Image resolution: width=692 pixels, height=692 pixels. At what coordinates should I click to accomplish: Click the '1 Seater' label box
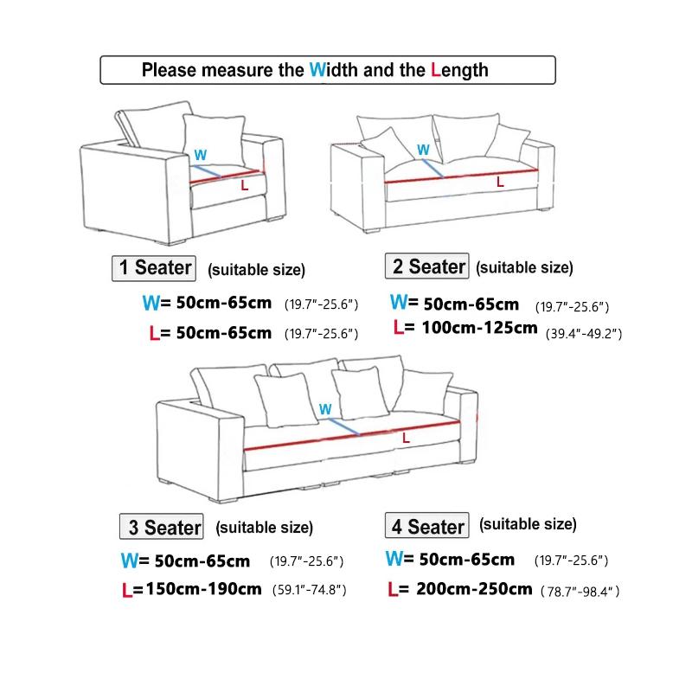coord(155,267)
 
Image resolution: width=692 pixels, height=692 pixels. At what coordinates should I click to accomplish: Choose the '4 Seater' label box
coord(426,526)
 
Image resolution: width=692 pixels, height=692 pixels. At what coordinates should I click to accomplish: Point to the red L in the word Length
coord(435,70)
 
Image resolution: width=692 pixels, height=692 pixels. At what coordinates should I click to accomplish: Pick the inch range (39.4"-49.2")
coord(584,332)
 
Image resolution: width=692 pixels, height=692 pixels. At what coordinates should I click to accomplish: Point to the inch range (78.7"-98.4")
coord(580,592)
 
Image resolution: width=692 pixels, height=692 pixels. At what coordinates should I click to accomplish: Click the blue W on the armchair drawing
coord(201,155)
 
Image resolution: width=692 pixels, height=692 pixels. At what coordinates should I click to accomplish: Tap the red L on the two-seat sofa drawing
coord(499,183)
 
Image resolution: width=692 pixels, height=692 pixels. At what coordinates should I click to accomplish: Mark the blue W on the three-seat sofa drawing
coord(325,408)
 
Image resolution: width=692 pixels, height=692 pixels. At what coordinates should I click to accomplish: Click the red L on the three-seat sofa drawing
coord(407,439)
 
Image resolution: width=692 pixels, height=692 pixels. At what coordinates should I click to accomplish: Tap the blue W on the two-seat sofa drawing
coord(423,150)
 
